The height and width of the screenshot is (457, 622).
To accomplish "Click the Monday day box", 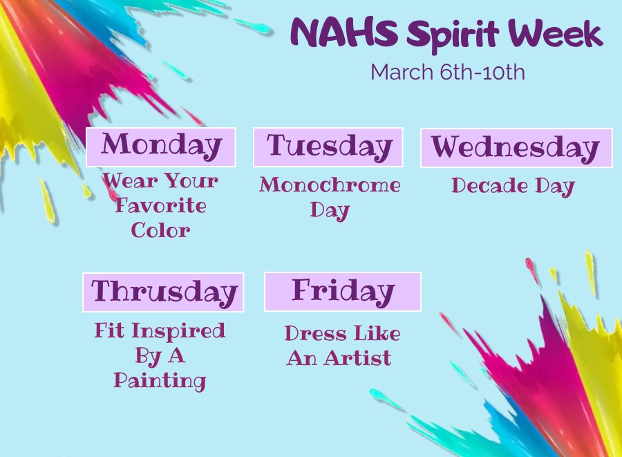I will coord(161,147).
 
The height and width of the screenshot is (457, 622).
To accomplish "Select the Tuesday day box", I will coord(328,147).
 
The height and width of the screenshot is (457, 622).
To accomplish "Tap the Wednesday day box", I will coord(516,148).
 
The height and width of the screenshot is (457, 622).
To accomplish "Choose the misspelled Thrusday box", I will coord(163,292).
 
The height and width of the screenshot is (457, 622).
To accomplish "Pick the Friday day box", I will coord(343,291).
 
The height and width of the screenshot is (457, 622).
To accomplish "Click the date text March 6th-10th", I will coord(448,72).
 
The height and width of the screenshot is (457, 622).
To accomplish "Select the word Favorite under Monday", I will coord(161,205).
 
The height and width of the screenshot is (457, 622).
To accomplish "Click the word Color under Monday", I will coord(161,230).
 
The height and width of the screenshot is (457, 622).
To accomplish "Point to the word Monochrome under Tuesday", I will coord(330,185).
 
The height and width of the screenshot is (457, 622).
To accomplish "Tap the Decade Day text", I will coord(513,186).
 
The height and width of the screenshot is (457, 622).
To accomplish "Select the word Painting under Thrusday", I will coord(160,380).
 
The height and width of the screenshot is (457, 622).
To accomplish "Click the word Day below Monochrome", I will coord(330,209).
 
